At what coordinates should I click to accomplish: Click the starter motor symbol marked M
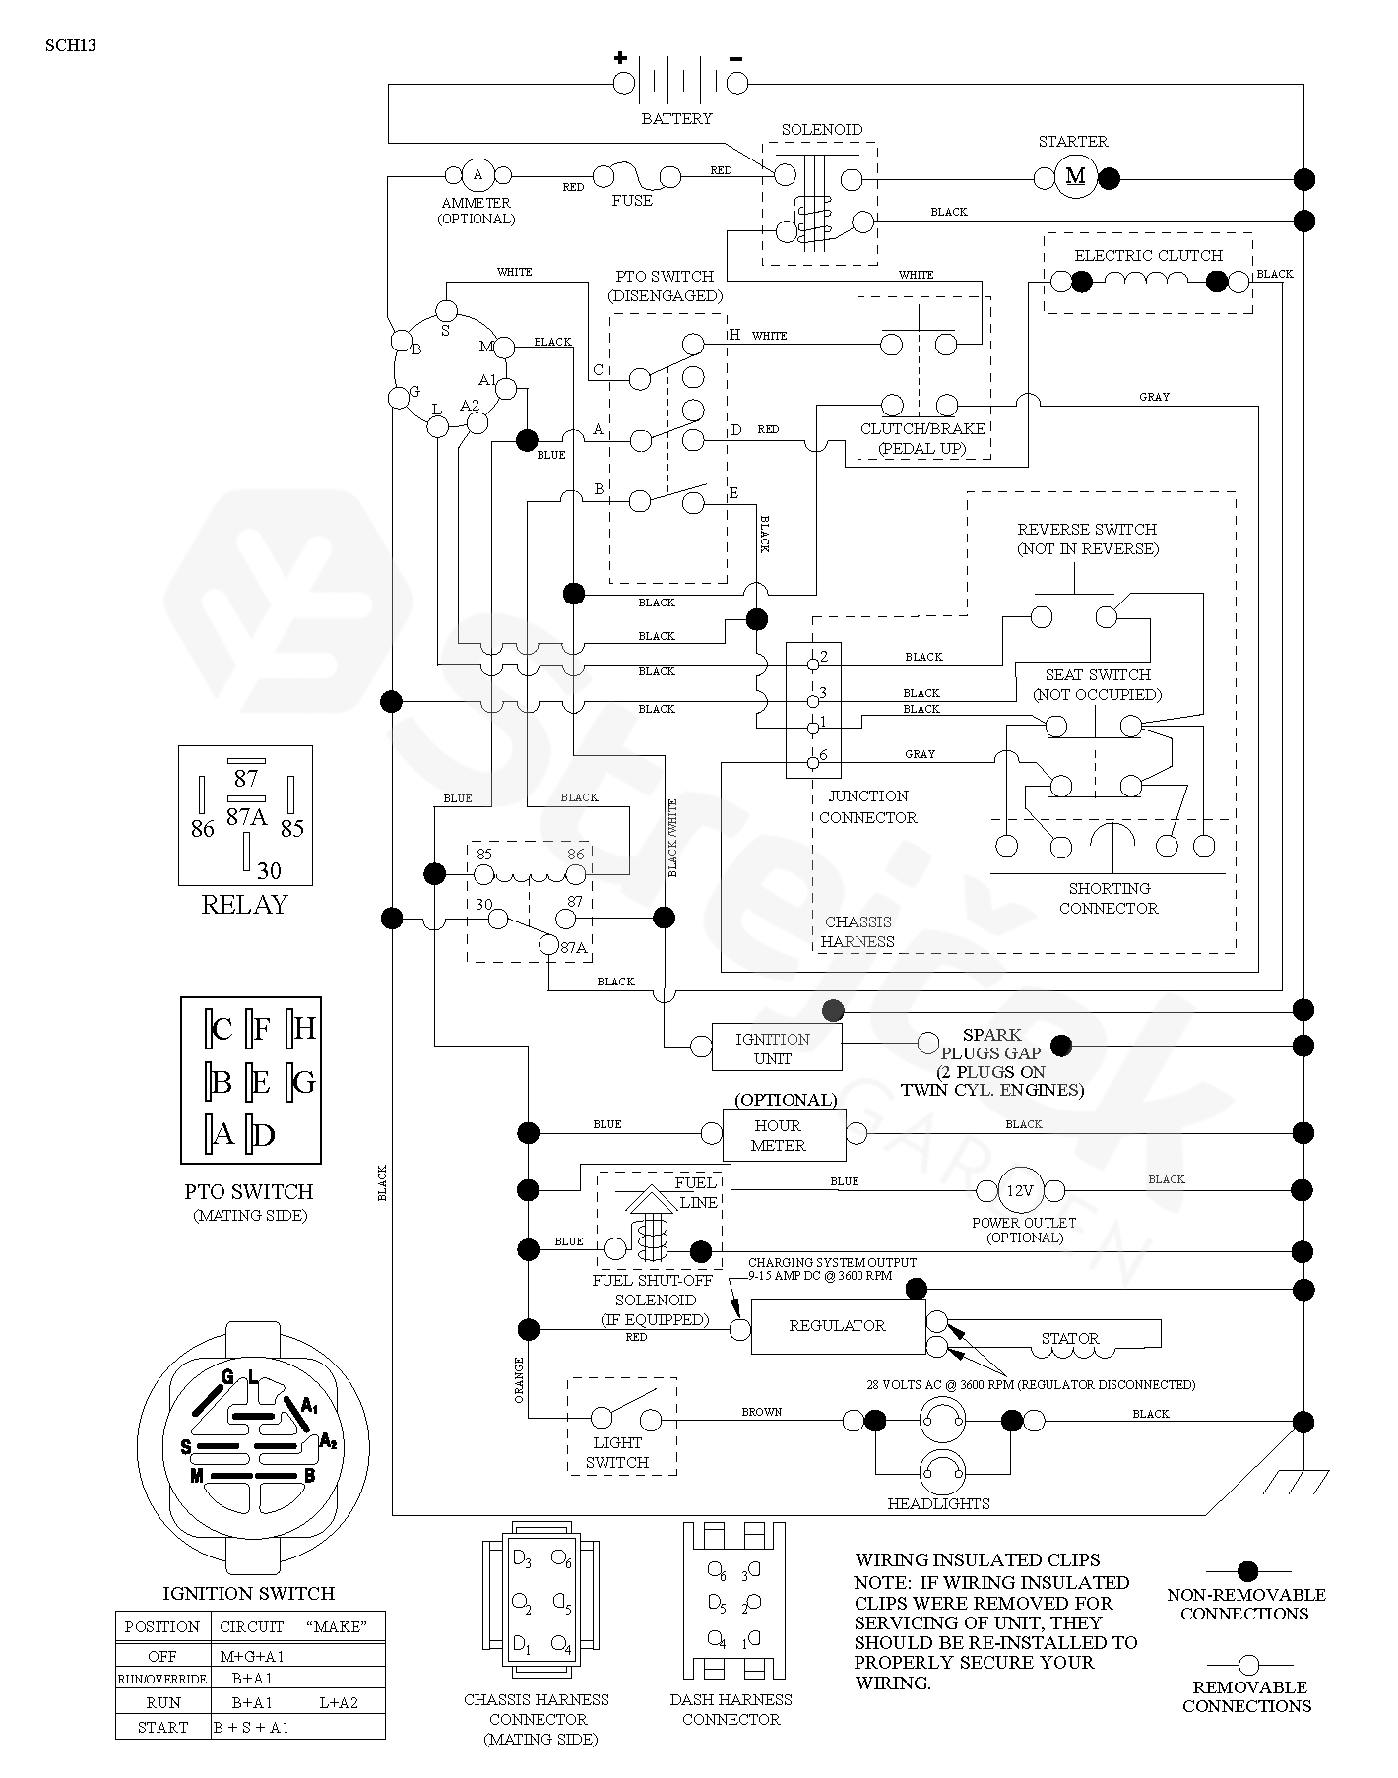1075,177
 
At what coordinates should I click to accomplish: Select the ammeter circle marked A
478,175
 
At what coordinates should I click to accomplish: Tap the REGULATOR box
838,1326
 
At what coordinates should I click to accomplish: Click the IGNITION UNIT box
773,1048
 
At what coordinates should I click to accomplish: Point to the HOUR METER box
785,1135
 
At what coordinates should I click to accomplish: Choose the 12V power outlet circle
1019,1191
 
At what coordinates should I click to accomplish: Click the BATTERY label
676,119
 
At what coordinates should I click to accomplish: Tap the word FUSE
632,201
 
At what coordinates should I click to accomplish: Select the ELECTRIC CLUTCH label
1148,256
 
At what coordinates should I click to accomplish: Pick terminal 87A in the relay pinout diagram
246,816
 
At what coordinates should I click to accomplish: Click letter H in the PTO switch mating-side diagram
303,1029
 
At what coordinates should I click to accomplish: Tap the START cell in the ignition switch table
163,1727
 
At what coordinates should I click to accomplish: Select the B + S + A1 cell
251,1727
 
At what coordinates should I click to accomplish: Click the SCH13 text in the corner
71,44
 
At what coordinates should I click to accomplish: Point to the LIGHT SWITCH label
617,1452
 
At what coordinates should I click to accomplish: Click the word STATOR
1070,1339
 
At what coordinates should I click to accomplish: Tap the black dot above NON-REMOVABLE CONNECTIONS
1247,1571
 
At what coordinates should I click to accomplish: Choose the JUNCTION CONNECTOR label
867,806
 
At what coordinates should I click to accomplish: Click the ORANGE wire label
519,1380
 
